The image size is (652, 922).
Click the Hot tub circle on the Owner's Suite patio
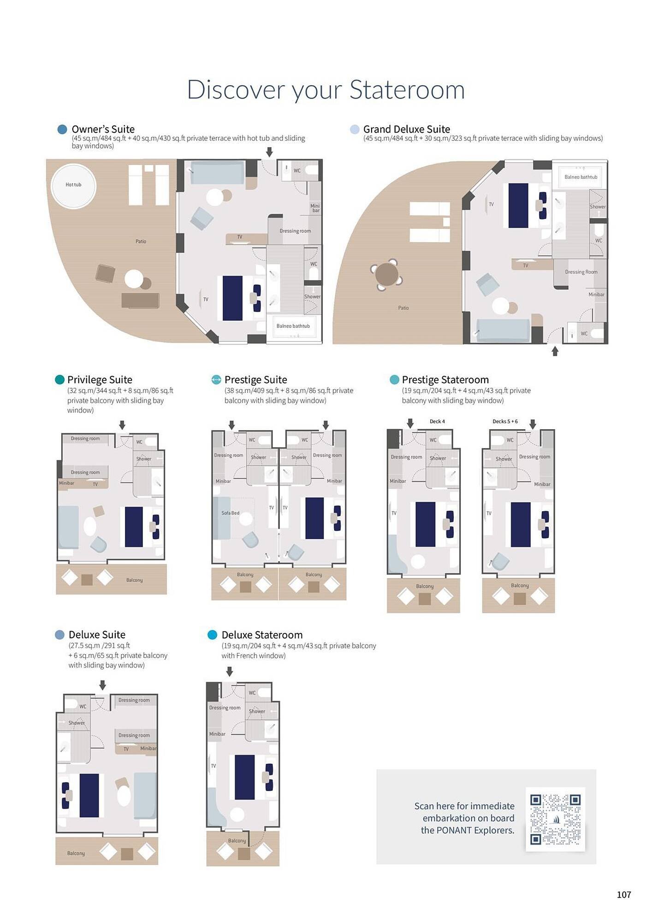(73, 185)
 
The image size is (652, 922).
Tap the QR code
(555, 819)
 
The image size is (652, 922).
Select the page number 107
(623, 894)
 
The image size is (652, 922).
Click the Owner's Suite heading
(103, 129)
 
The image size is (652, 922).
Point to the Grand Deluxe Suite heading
(406, 129)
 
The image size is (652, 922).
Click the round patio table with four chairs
(386, 274)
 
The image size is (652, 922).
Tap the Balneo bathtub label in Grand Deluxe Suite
(581, 177)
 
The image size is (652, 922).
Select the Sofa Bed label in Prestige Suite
(230, 513)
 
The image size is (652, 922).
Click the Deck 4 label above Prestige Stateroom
(437, 421)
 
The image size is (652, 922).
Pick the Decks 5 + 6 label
(505, 421)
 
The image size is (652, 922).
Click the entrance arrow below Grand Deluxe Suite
(555, 351)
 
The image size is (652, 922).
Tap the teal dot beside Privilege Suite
(59, 379)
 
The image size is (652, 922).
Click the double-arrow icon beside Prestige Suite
(216, 379)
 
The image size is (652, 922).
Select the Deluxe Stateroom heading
(262, 635)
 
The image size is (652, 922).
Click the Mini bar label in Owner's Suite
(315, 208)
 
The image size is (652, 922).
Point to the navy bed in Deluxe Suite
(89, 795)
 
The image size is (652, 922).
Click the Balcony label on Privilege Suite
(134, 580)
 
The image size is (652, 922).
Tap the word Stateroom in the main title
(407, 89)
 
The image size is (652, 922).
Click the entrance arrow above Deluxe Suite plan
(102, 685)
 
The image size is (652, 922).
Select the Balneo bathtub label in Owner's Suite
(293, 326)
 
